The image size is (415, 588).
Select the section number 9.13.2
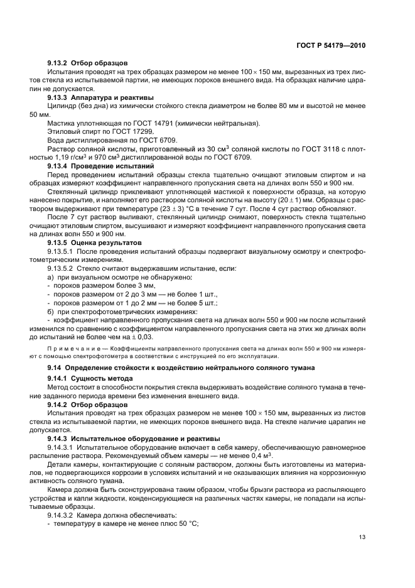[58, 63]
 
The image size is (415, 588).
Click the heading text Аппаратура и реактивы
[112, 98]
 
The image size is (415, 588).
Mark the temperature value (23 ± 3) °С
[166, 207]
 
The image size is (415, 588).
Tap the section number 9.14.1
[58, 379]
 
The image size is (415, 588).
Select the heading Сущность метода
[102, 379]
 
